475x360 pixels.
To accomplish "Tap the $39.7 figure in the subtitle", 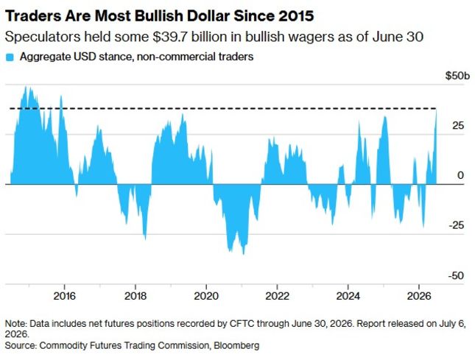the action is point(169,37).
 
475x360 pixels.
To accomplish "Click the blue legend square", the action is point(10,57).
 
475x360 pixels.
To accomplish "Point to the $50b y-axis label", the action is point(458,76).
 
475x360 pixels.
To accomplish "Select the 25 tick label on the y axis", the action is point(458,125).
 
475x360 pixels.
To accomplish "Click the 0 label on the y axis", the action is point(460,175).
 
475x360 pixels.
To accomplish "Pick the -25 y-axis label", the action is point(456,225).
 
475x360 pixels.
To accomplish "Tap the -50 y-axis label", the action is point(456,275).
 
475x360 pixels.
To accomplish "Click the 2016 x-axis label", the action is point(65,296).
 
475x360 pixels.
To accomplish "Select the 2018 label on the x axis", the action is point(136,296).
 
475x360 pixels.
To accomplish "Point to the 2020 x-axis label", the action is point(206,296).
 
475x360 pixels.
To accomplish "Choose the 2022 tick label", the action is point(277,296).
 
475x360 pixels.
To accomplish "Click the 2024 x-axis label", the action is point(348,296).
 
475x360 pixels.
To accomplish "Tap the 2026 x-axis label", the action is point(419,296).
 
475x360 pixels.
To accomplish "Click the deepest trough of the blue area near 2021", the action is point(244,254).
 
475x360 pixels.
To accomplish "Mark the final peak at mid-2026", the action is point(437,110).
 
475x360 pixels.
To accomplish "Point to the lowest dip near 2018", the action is point(146,239).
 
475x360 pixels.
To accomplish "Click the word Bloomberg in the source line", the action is point(236,345).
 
